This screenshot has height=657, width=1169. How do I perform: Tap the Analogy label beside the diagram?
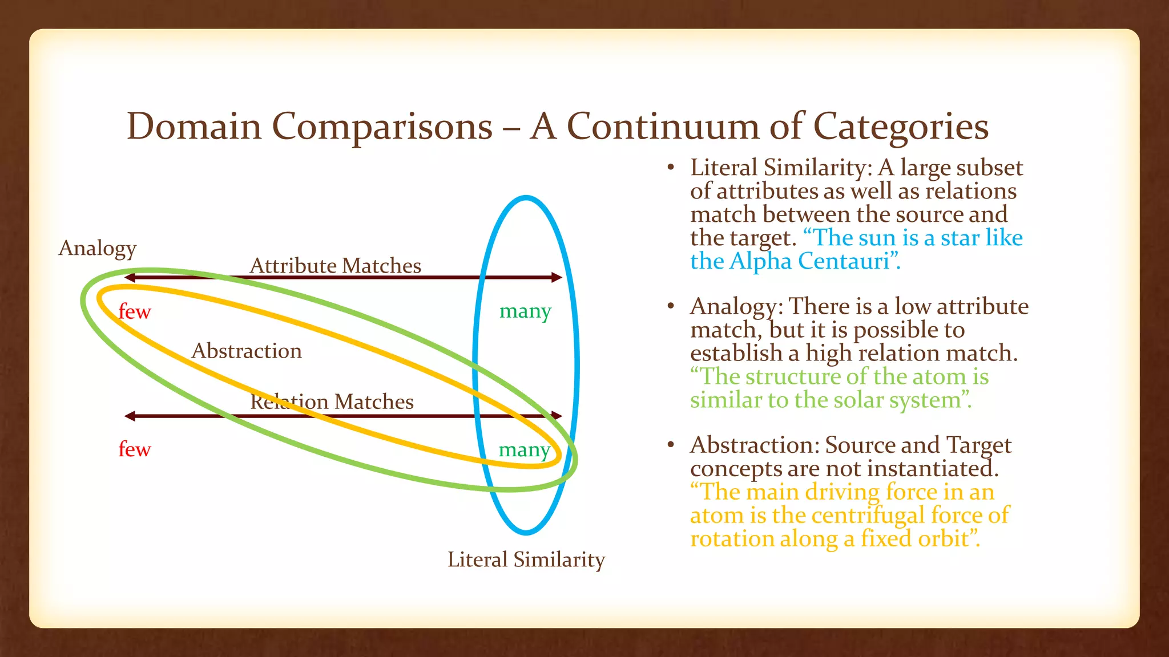[x=98, y=248]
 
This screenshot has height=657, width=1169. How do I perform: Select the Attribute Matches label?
[x=336, y=266]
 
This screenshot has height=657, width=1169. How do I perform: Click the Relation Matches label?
[x=332, y=401]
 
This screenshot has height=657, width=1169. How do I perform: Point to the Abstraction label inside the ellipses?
[x=247, y=351]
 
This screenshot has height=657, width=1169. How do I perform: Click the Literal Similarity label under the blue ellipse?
[x=526, y=559]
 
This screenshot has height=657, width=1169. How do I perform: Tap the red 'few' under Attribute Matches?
[x=135, y=312]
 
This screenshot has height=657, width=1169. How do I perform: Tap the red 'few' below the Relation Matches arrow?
[x=135, y=449]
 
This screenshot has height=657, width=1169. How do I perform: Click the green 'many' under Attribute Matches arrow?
[x=525, y=311]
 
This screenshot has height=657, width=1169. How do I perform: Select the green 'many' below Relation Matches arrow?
[x=524, y=450]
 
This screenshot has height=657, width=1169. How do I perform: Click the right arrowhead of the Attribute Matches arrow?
[x=557, y=278]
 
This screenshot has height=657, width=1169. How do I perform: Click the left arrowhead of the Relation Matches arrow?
[x=130, y=416]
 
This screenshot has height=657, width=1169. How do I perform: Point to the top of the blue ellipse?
[x=526, y=198]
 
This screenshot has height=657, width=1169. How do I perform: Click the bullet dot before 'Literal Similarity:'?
[x=671, y=168]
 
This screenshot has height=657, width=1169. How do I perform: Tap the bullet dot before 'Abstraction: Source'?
[x=671, y=445]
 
